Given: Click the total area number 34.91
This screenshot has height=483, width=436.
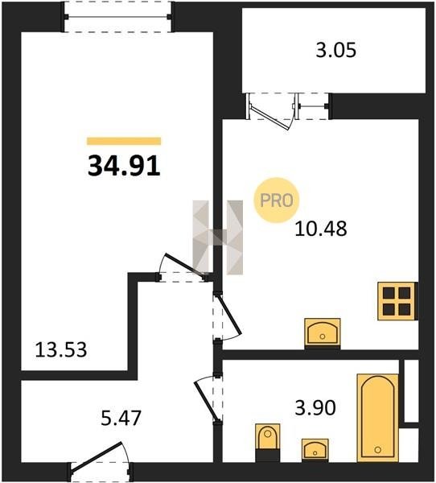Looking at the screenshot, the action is click(x=124, y=166).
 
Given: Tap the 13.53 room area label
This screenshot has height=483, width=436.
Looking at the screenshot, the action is click(x=61, y=350).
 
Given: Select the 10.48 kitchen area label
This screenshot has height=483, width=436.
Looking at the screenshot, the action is click(x=321, y=229).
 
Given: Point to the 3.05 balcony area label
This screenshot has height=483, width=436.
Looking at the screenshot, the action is click(x=336, y=50).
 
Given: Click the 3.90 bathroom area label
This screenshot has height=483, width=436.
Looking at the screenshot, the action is click(x=315, y=407).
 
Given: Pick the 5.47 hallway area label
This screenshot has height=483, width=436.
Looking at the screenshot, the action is click(x=121, y=418).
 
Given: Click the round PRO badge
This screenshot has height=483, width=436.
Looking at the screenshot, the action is click(x=276, y=200).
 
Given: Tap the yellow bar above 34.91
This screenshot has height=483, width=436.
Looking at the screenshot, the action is click(x=124, y=141).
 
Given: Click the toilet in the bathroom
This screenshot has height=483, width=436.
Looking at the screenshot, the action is click(x=268, y=442).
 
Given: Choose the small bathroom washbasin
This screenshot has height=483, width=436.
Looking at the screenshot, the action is click(x=315, y=450).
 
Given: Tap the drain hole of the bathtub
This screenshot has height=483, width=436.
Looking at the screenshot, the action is click(x=378, y=450).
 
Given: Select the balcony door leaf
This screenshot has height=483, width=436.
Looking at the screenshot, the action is click(x=269, y=118).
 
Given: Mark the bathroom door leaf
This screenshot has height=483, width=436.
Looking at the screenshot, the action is click(x=205, y=402).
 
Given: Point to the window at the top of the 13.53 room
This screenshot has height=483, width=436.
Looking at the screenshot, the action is click(x=117, y=17).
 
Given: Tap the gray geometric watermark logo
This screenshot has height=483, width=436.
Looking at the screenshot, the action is click(x=218, y=237).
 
